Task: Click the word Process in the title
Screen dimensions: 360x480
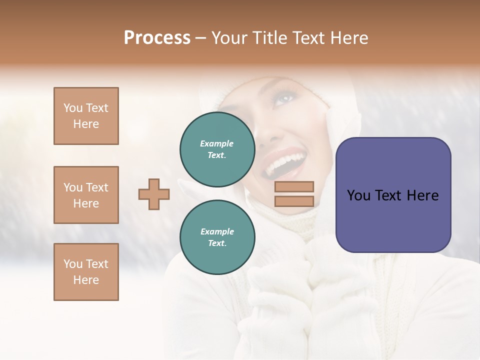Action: (157, 38)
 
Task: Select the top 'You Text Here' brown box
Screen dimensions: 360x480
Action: (86, 116)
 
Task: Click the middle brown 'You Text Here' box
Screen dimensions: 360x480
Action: (86, 195)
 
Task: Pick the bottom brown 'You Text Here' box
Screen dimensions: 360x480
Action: (86, 272)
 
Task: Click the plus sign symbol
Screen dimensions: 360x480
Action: (154, 194)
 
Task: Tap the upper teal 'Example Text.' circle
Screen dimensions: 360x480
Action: (217, 149)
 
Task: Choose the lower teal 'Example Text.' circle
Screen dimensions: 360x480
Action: (217, 237)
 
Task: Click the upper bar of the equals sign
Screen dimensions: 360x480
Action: (294, 186)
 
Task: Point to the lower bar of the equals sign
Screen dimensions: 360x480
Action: (294, 201)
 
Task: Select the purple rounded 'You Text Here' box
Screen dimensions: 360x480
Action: (393, 195)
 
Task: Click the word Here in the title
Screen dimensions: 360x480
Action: (349, 38)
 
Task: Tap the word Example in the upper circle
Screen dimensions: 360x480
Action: (217, 143)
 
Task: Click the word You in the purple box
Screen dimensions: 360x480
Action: (358, 195)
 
